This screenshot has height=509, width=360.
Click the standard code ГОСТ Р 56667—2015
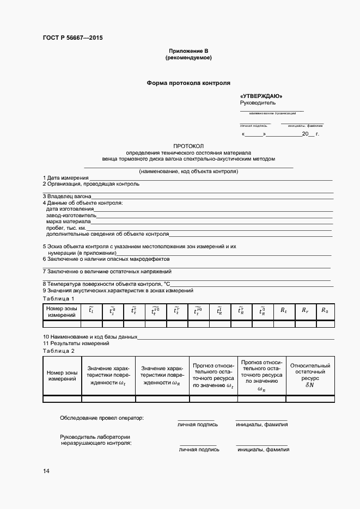pos(72,38)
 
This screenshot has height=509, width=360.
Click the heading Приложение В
pos(188,51)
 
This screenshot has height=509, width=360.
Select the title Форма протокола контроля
pos(188,83)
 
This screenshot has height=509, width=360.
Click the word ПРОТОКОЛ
pos(188,146)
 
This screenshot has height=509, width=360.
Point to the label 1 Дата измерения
pos(65,178)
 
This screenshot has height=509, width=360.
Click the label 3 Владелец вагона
pos(66,196)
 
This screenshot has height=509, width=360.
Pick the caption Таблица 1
pos(58,299)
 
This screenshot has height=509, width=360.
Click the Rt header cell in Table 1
pos(284,311)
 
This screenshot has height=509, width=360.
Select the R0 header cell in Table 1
pos(325,311)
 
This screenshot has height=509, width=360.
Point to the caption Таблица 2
pos(58,351)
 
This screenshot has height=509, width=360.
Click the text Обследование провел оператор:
pos(102,418)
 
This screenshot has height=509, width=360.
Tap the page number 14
pos(46,470)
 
